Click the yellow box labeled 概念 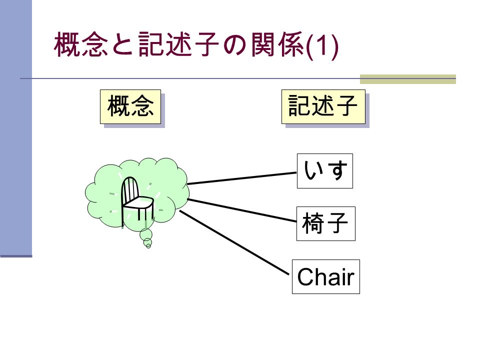pyautogui.click(x=130, y=107)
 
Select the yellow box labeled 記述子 pyautogui.click(x=323, y=107)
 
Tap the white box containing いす pyautogui.click(x=325, y=171)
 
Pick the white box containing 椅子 pyautogui.click(x=325, y=224)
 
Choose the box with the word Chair pyautogui.click(x=325, y=276)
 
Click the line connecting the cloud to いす pyautogui.click(x=242, y=178)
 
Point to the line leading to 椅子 pyautogui.click(x=242, y=210)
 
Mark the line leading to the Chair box pyautogui.click(x=234, y=242)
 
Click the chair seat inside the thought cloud pyautogui.click(x=138, y=203)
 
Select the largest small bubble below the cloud pyautogui.click(x=146, y=234)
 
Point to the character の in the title pyautogui.click(x=234, y=44)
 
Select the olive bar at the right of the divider pyautogui.click(x=408, y=79)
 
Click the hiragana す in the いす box pyautogui.click(x=337, y=170)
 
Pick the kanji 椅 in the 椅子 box pyautogui.click(x=313, y=223)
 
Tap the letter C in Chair pyautogui.click(x=306, y=276)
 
